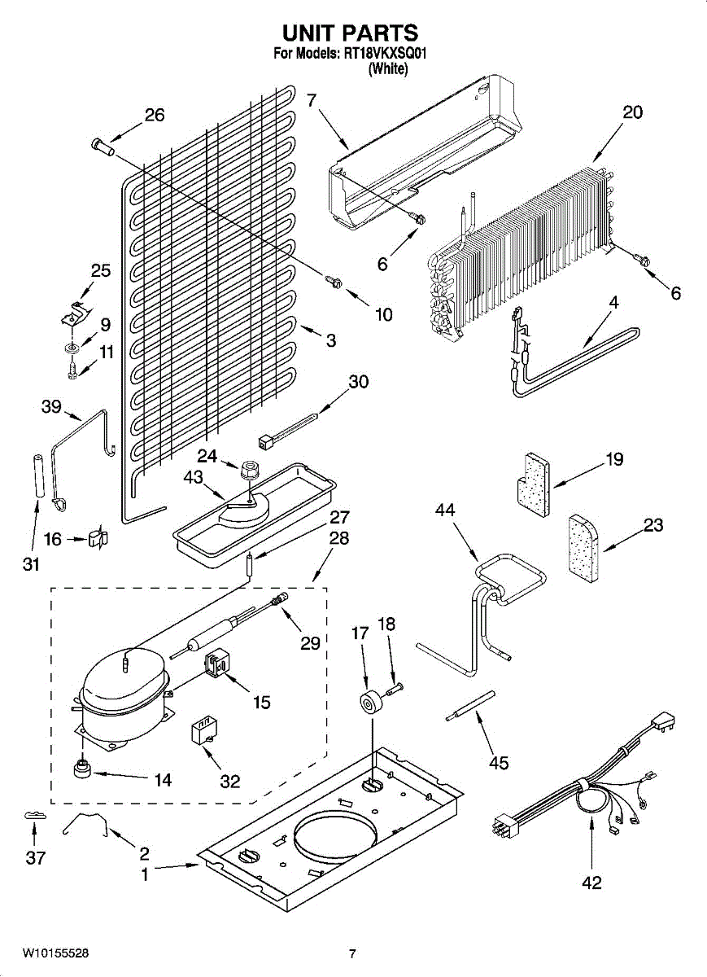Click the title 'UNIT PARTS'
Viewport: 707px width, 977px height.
coord(350,33)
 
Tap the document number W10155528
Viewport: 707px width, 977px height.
coord(55,953)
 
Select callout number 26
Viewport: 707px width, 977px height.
coord(154,115)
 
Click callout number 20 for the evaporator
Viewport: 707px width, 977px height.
coord(631,112)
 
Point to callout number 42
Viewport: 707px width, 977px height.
coord(592,883)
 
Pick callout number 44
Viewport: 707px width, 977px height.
coord(445,510)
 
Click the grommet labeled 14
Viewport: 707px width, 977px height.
coord(82,768)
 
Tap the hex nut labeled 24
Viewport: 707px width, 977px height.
coord(248,469)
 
